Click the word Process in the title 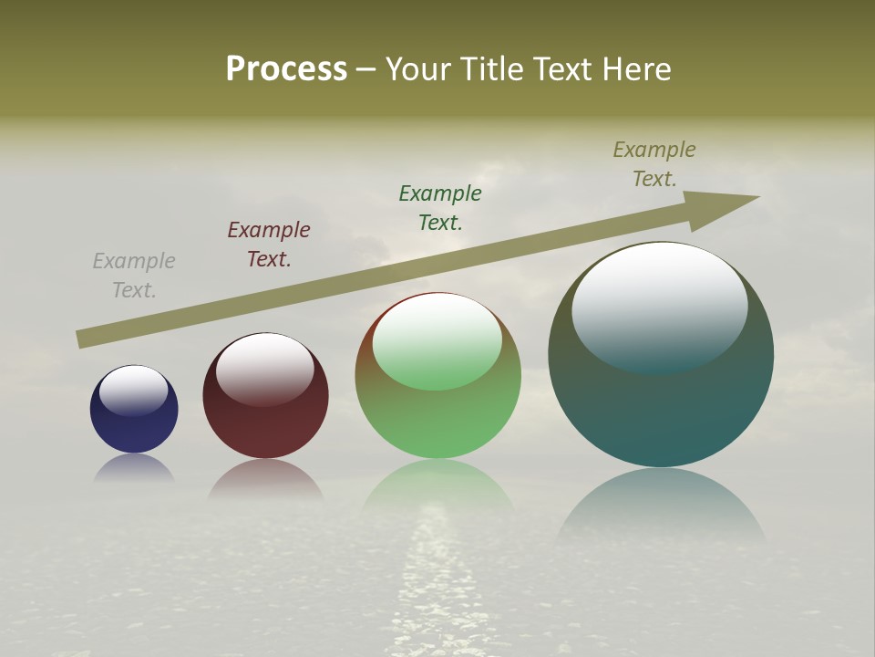286,69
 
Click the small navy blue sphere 134,429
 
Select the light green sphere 437,420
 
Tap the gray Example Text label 134,276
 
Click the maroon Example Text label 269,245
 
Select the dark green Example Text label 440,208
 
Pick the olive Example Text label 654,164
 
